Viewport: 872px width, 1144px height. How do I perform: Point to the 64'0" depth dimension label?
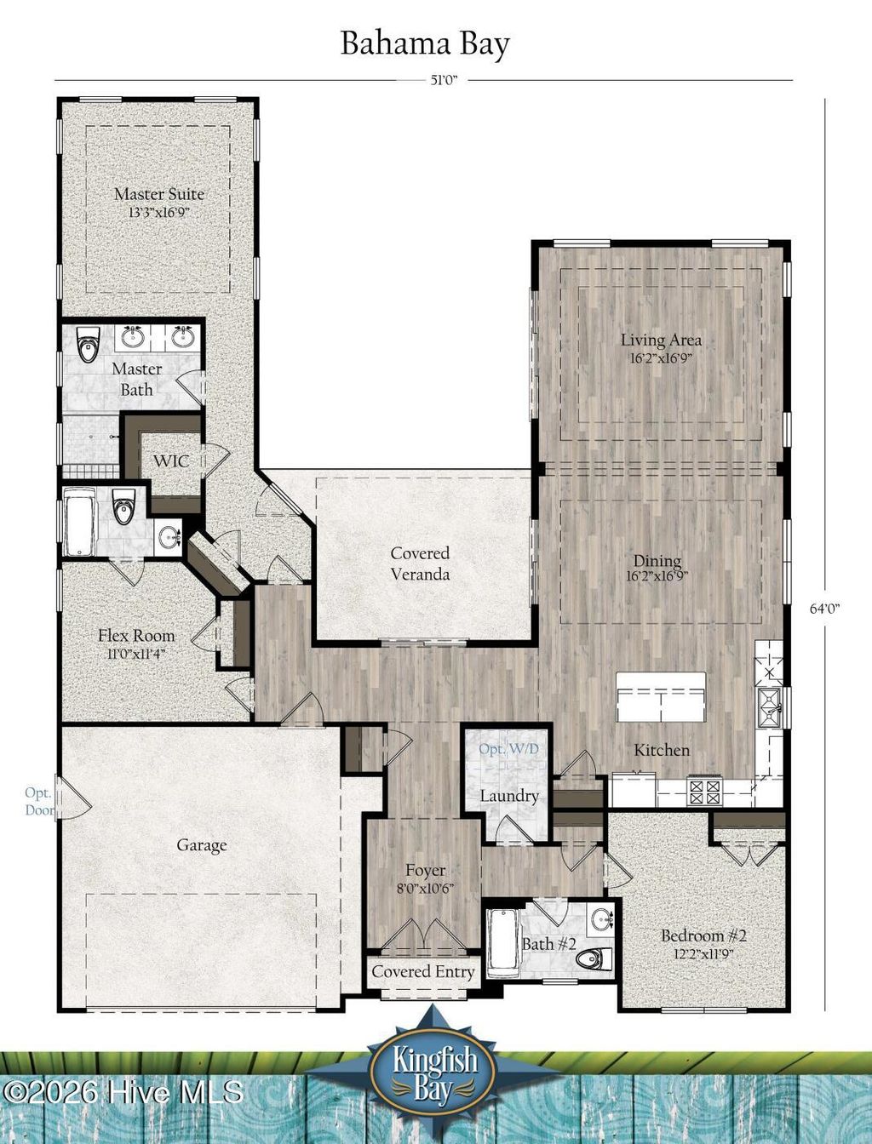point(824,609)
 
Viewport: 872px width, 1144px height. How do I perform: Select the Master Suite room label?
point(159,194)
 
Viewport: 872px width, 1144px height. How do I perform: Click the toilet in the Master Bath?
point(88,346)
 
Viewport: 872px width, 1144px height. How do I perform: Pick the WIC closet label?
point(170,460)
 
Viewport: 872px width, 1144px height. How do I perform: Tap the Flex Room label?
point(136,636)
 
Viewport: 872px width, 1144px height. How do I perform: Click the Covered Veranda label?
point(420,563)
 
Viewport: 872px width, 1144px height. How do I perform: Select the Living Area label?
point(661,340)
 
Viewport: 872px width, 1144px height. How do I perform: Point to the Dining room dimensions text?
point(657,575)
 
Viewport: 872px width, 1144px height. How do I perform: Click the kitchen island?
point(662,696)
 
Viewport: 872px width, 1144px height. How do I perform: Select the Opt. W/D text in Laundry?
point(508,750)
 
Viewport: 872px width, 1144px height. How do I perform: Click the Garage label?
point(202,845)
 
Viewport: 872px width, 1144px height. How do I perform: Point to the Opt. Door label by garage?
point(39,801)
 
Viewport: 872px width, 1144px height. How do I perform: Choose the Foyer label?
point(425,871)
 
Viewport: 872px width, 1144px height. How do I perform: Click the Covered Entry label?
point(423,971)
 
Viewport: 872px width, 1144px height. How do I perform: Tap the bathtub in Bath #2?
point(502,942)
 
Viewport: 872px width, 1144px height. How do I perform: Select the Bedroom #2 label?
point(703,935)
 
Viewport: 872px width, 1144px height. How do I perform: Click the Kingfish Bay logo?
point(435,1069)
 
